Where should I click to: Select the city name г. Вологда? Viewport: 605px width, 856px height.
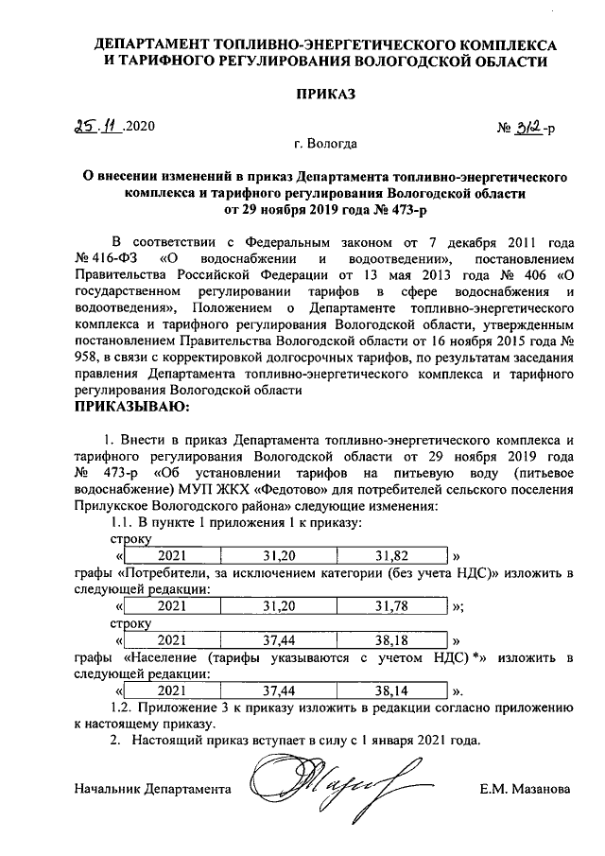325,146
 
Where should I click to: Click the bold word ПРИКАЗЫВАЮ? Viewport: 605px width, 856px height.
131,408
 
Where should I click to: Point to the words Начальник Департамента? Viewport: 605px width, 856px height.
151,788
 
